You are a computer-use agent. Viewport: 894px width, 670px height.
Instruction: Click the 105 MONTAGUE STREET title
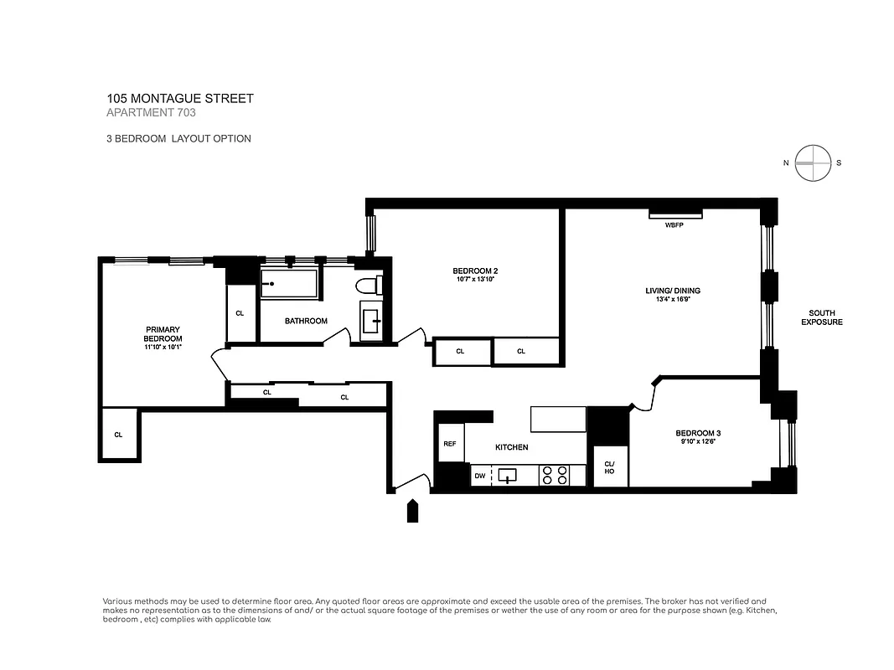(179, 99)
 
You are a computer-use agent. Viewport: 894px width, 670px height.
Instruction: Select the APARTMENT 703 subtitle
(151, 113)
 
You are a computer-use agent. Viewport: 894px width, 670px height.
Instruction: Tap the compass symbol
(813, 163)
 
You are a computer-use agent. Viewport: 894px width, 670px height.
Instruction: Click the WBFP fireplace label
(674, 225)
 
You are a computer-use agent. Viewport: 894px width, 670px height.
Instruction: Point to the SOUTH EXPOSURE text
(821, 317)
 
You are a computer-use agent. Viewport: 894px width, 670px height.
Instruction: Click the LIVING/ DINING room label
(672, 291)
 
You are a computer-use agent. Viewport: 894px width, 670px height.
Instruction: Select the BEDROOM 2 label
(475, 271)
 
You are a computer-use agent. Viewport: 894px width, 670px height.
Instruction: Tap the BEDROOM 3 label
(698, 433)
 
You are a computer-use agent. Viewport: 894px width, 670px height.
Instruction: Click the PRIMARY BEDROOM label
(163, 333)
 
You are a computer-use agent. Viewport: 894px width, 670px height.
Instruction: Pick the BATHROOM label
(306, 321)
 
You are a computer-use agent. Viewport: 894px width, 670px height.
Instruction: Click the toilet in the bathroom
(369, 286)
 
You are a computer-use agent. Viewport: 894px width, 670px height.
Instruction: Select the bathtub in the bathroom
(289, 285)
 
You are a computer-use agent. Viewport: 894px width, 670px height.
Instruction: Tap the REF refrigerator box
(449, 444)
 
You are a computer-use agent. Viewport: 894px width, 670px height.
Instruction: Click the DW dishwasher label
(479, 476)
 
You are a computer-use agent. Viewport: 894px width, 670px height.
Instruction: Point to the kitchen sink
(509, 476)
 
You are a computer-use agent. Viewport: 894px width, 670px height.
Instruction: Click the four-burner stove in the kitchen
(553, 476)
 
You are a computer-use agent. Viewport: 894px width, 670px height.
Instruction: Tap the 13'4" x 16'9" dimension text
(672, 301)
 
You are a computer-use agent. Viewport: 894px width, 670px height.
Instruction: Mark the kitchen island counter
(558, 418)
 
